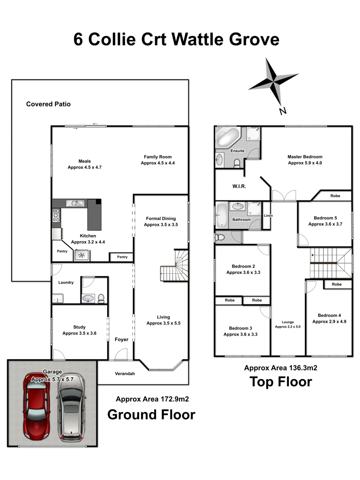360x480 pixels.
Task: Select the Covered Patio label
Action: [x=48, y=104]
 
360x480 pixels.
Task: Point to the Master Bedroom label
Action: [x=304, y=157]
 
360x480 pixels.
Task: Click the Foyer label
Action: [x=121, y=340]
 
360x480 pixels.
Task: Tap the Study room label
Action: [x=79, y=327]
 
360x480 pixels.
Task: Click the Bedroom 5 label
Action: [x=326, y=218]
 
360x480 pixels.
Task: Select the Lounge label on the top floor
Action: [x=288, y=322]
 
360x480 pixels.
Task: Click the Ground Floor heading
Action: [x=151, y=415]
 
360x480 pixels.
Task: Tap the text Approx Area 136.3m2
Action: [x=280, y=368]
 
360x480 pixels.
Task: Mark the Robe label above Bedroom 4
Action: [x=336, y=284]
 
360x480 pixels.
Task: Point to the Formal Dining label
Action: [x=161, y=219]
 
